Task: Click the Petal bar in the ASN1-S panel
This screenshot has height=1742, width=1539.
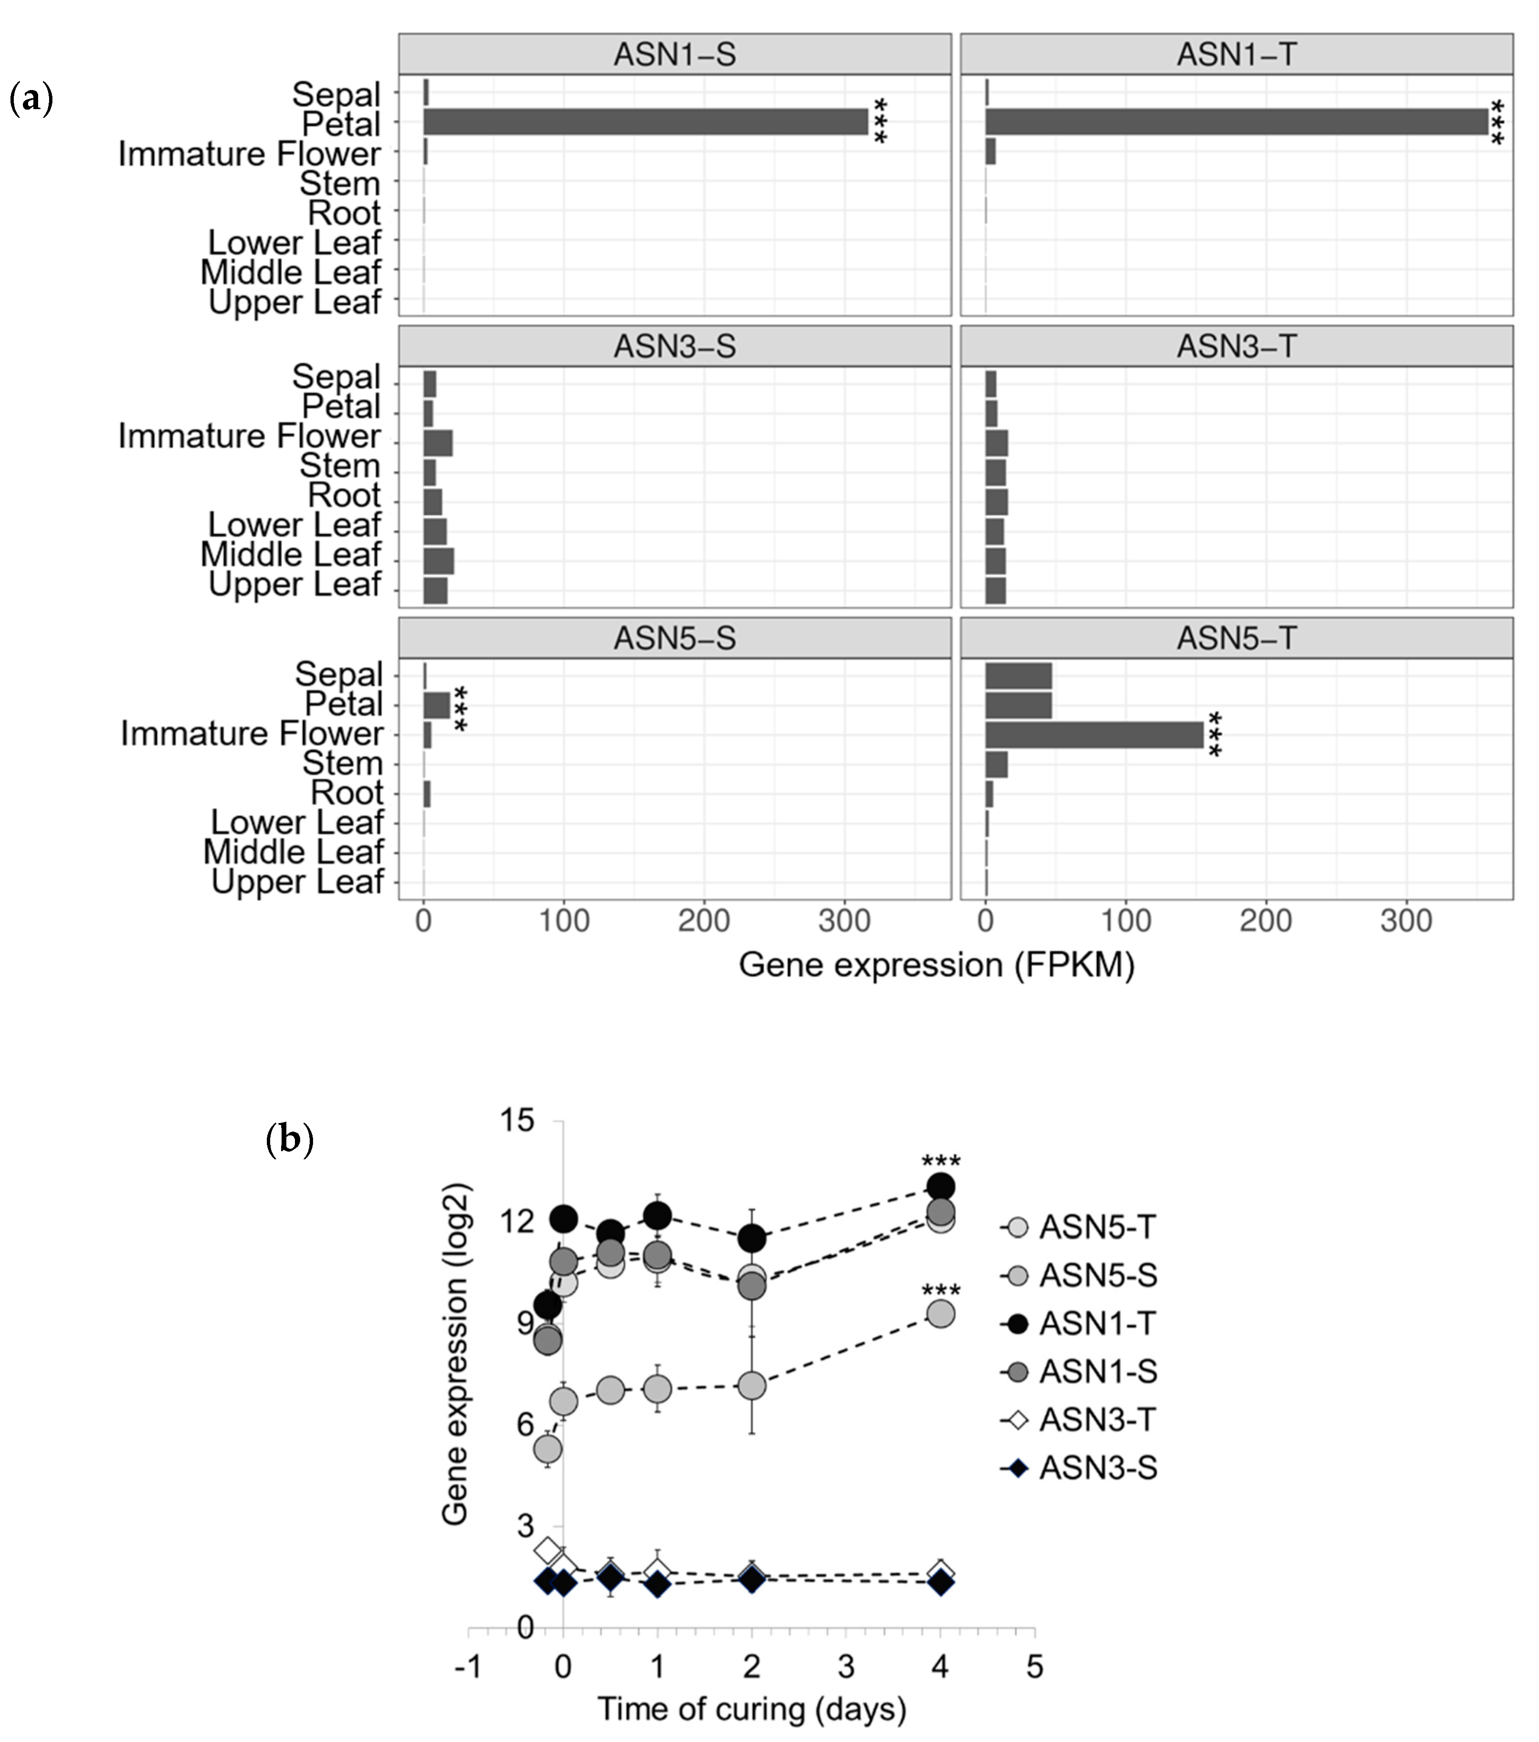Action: click(x=645, y=122)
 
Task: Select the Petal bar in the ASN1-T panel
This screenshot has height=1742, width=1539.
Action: click(x=1235, y=122)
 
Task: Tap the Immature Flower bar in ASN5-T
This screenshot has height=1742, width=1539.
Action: click(x=1094, y=735)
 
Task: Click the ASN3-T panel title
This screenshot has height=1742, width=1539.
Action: click(x=1236, y=346)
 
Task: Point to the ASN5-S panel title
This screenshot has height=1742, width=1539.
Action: click(x=674, y=638)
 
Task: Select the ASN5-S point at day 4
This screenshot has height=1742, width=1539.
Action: click(x=940, y=1313)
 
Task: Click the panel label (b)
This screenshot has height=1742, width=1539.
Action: click(x=290, y=1139)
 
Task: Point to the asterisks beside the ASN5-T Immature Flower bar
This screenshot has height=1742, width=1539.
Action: click(x=1215, y=735)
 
